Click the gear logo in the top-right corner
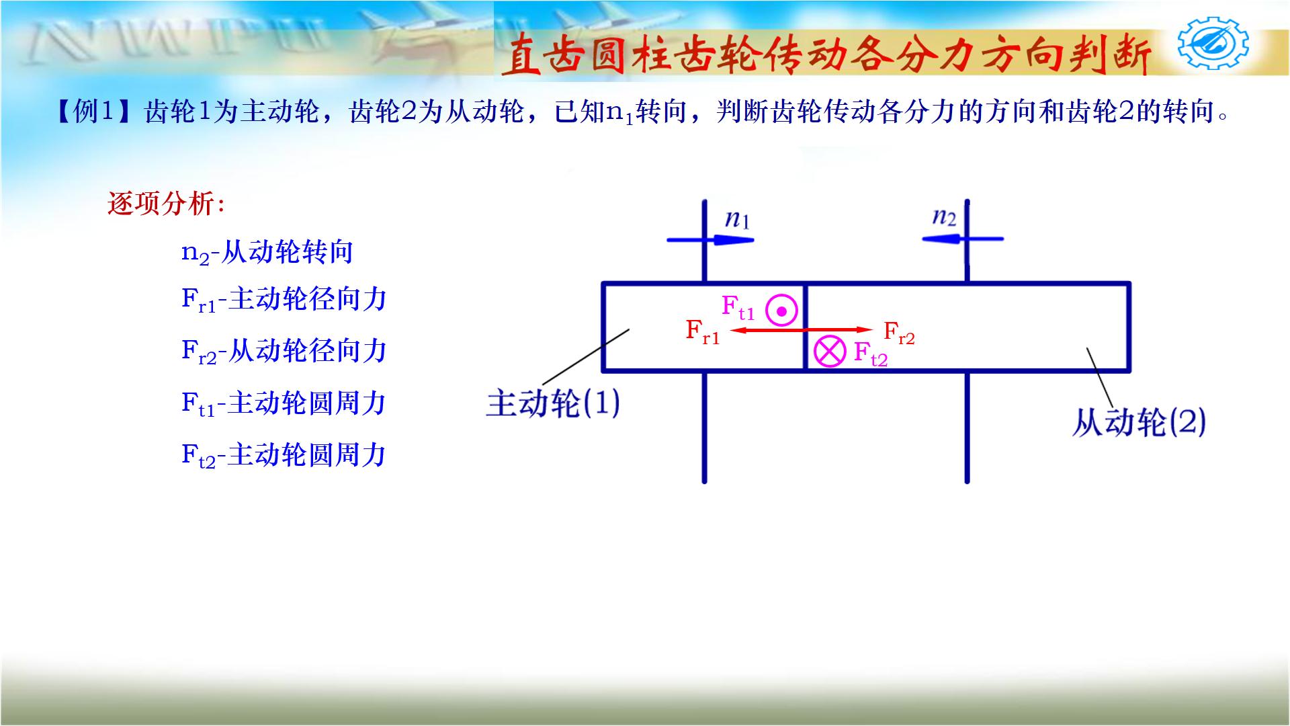1213,44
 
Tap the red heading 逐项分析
166,204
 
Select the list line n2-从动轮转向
267,253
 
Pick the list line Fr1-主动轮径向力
284,300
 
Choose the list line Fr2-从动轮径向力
284,352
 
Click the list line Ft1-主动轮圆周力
284,404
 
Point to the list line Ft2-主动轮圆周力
284,456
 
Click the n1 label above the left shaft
737,220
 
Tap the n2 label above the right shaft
944,217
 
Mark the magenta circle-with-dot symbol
781,311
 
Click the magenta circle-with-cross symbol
830,352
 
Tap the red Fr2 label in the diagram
899,332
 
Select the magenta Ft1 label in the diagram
738,308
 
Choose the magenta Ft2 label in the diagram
870,354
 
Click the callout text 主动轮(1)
553,404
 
